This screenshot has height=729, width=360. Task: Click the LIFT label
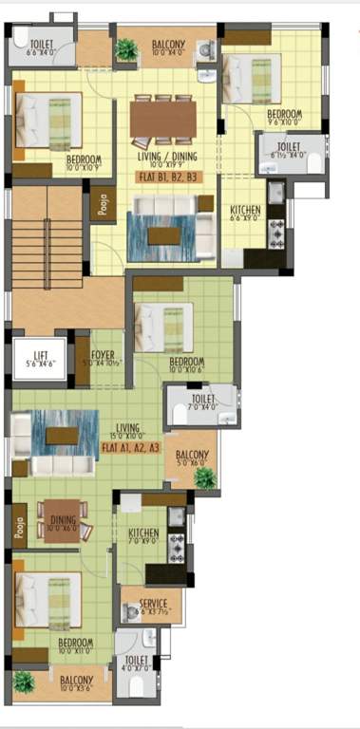click(39, 354)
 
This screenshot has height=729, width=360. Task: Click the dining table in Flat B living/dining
click(164, 119)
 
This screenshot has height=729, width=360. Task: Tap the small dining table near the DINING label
click(63, 519)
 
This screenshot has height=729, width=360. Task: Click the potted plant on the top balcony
click(125, 49)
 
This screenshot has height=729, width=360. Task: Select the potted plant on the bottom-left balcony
click(23, 682)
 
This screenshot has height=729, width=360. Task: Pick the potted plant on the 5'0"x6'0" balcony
click(203, 477)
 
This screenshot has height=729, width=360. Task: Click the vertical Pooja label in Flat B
click(104, 206)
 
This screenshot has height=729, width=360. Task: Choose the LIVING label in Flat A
click(128, 428)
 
